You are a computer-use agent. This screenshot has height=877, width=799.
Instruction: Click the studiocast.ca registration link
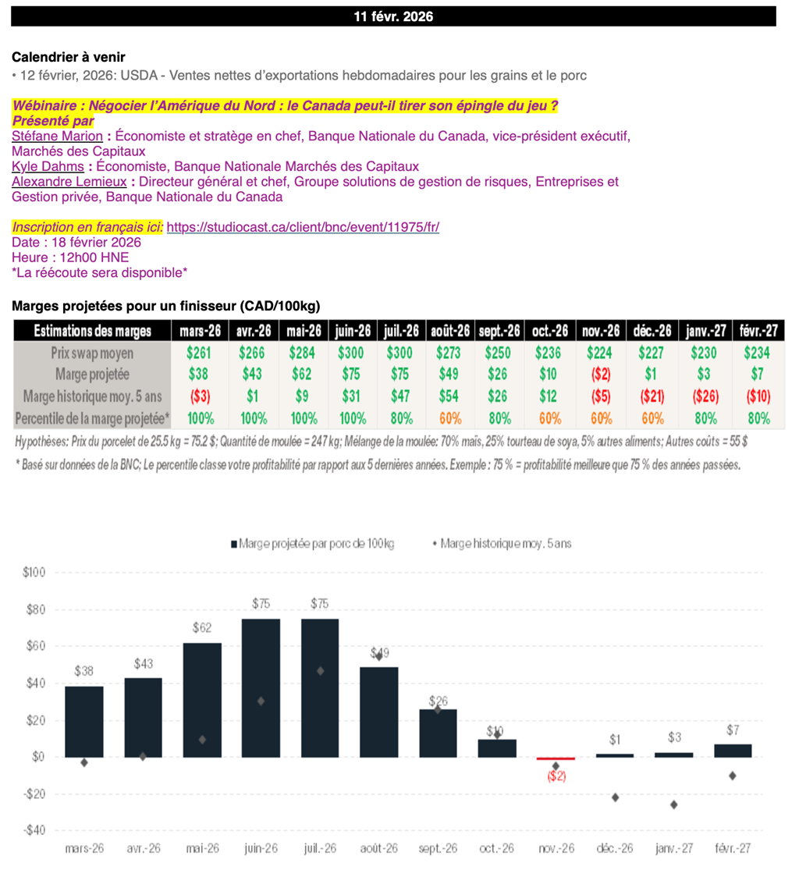tap(303, 227)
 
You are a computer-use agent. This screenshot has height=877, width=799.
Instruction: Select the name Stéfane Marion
tap(58, 137)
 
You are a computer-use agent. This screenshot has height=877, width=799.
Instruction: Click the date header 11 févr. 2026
tap(393, 16)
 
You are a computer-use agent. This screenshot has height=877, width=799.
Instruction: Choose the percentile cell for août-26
tap(449, 418)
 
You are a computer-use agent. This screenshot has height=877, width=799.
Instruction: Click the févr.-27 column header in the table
tap(758, 331)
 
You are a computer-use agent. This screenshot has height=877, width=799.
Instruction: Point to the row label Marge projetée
tap(92, 375)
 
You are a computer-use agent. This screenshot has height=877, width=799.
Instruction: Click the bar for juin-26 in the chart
tap(261, 687)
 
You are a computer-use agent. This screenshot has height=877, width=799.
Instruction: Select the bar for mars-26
tap(83, 721)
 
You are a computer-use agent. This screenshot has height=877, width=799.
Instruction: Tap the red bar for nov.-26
tap(556, 758)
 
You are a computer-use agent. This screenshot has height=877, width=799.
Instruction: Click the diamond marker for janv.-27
tap(673, 804)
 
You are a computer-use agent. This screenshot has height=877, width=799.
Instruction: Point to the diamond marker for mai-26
tap(202, 739)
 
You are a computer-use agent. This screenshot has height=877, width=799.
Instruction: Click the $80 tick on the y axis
tap(35, 609)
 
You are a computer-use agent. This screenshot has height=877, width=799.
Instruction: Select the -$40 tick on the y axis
tap(34, 830)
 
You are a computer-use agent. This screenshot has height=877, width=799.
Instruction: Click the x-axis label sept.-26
tap(438, 849)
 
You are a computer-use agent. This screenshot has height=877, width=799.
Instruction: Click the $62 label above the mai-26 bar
tap(202, 627)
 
